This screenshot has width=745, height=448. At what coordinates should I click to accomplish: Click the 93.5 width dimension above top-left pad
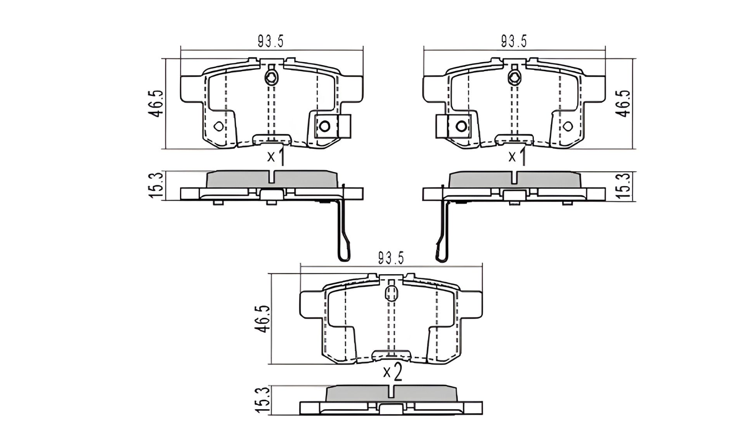270,41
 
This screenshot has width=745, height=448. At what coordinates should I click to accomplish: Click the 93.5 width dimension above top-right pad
514,41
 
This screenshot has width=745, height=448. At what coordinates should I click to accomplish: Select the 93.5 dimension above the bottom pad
391,258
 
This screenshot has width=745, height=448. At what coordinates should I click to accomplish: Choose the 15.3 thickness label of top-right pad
624,186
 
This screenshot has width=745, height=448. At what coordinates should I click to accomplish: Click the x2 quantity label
392,372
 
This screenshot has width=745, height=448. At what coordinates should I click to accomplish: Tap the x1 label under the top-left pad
276,157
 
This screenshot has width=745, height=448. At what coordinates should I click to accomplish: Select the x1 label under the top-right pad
517,157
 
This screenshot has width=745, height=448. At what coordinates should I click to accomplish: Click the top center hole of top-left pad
271,78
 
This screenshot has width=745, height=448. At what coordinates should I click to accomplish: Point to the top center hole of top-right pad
515,78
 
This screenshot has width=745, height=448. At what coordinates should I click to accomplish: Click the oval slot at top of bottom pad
391,293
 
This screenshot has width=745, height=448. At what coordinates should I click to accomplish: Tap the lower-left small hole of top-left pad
219,126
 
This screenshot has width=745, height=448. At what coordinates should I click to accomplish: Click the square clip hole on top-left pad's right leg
324,126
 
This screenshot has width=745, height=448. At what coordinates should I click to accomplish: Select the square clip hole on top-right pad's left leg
461,126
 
